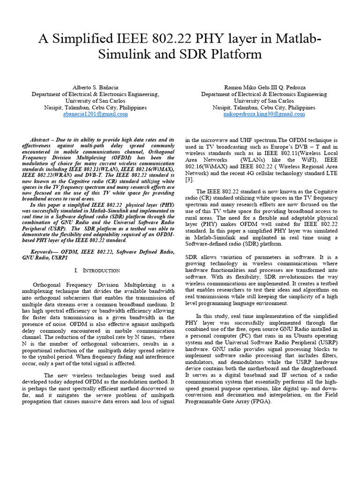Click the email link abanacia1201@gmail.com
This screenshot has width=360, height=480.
click(x=95, y=114)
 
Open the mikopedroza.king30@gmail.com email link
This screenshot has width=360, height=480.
click(x=264, y=114)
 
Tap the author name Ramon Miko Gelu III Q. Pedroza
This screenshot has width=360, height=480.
click(x=264, y=88)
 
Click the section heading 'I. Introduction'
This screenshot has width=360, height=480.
click(x=97, y=270)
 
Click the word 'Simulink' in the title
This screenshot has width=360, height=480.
click(x=124, y=54)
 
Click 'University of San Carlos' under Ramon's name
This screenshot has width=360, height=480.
click(x=264, y=101)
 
